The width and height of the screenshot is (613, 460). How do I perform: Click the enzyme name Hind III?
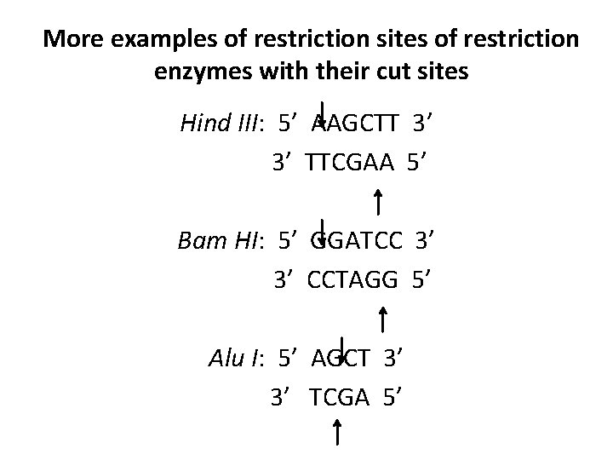[220, 124]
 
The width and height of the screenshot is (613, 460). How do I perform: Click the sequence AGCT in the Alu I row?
[340, 359]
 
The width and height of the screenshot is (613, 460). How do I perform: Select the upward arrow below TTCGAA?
[377, 203]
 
